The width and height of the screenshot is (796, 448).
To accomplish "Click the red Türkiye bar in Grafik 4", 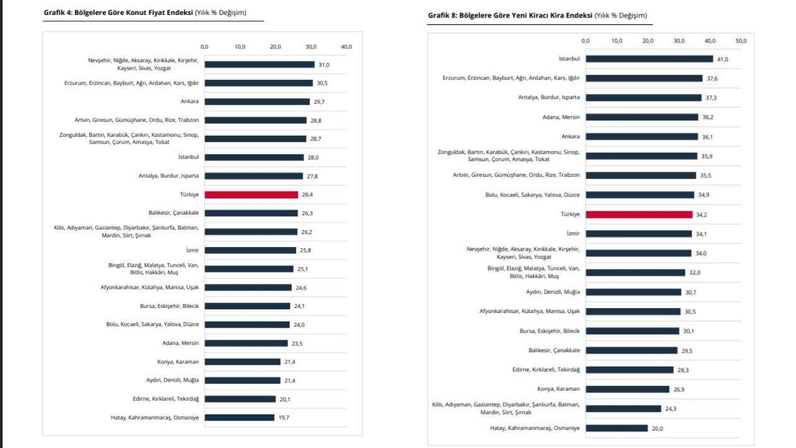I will click(x=251, y=195).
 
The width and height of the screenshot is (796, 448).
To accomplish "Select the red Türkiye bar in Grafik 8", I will click(x=639, y=215).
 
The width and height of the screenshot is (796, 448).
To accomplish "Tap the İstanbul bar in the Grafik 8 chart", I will click(x=649, y=59).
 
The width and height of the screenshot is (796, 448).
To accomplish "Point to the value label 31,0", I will click(x=323, y=65).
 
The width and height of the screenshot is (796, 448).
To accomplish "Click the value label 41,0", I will click(x=722, y=59).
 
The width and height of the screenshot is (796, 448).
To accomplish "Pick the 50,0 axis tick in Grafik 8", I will click(x=741, y=41).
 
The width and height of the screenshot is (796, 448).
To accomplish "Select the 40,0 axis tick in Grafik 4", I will click(x=346, y=47).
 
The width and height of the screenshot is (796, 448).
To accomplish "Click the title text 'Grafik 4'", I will click(x=59, y=12).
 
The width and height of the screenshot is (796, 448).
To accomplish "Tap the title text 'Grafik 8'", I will click(x=443, y=15).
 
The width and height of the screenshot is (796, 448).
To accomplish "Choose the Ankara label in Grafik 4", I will click(x=190, y=101).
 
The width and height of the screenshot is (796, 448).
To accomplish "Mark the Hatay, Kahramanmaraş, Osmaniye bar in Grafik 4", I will click(x=239, y=418).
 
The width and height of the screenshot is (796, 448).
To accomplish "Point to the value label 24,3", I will click(x=670, y=409).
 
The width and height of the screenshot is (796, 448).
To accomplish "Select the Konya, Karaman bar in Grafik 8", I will click(x=627, y=390).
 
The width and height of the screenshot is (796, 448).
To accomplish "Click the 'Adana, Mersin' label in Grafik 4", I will click(x=181, y=343).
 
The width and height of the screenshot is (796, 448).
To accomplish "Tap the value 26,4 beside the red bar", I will click(x=307, y=195).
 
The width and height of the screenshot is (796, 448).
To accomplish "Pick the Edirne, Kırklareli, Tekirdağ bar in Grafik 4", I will click(x=240, y=399).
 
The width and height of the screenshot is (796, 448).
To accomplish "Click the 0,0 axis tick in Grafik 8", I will click(x=585, y=41).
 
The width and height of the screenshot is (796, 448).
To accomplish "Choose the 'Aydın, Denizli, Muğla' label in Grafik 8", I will click(x=553, y=292).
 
